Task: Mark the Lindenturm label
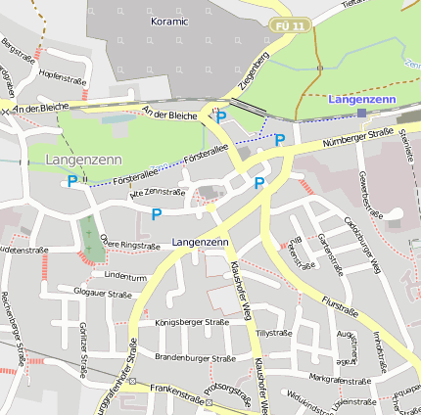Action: click(124, 276)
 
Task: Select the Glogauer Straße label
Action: click(102, 292)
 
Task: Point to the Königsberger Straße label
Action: click(192, 321)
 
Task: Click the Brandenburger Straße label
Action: click(195, 357)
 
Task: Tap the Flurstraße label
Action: click(339, 306)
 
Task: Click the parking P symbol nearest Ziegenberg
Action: click(221, 116)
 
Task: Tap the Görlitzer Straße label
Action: click(84, 343)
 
